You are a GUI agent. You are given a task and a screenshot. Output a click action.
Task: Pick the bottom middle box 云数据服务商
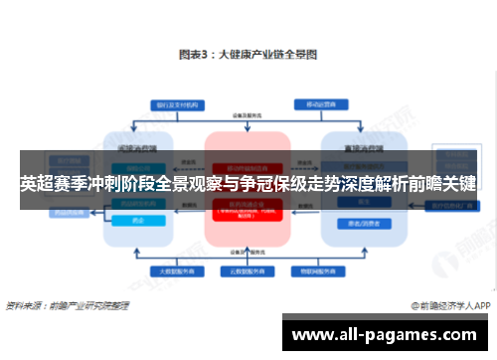pos(247,270)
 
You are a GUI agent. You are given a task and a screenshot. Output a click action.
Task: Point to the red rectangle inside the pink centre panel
pos(247,209)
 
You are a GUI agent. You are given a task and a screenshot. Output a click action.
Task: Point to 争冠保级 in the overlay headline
pos(263,184)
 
